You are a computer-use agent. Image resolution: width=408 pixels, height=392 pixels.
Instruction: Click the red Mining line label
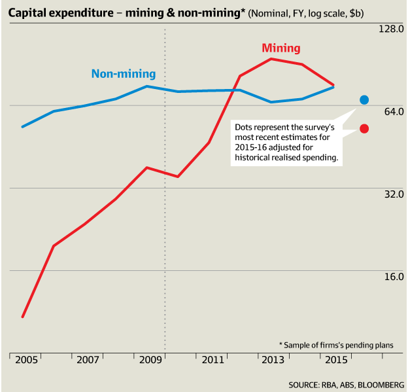coord(280,48)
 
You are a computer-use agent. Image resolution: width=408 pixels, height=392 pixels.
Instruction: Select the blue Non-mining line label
coord(124,73)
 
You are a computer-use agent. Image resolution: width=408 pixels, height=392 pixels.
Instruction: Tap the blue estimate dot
coord(364,99)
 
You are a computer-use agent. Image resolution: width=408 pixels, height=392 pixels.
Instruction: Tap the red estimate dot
coord(364,128)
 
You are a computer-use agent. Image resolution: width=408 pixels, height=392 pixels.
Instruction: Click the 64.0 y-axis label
coord(391,111)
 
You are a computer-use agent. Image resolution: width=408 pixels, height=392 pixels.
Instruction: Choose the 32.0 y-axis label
coord(391,194)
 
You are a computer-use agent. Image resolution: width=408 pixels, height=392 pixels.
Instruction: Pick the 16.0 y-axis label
coord(391,276)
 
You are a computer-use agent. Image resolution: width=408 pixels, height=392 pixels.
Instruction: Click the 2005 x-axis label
coord(27,361)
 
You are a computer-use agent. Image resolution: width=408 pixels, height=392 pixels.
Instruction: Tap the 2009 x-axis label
coord(151,361)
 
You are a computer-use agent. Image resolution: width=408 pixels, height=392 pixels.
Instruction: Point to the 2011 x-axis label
coord(213,361)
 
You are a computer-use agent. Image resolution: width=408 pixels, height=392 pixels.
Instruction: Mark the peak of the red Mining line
coord(271,59)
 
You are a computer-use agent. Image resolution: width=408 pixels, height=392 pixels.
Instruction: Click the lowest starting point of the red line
coord(23,317)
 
